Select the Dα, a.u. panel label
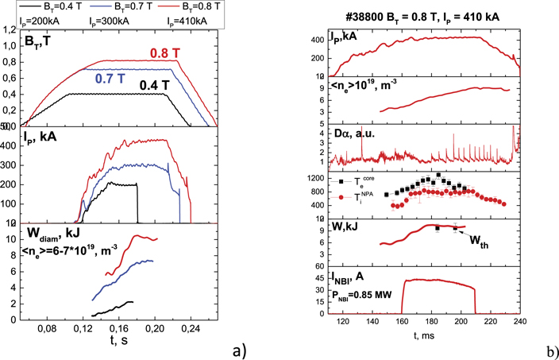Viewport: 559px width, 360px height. click(x=350, y=133)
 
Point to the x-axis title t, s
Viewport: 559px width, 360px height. click(x=121, y=343)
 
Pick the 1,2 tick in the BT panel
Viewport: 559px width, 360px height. click(x=10, y=30)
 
